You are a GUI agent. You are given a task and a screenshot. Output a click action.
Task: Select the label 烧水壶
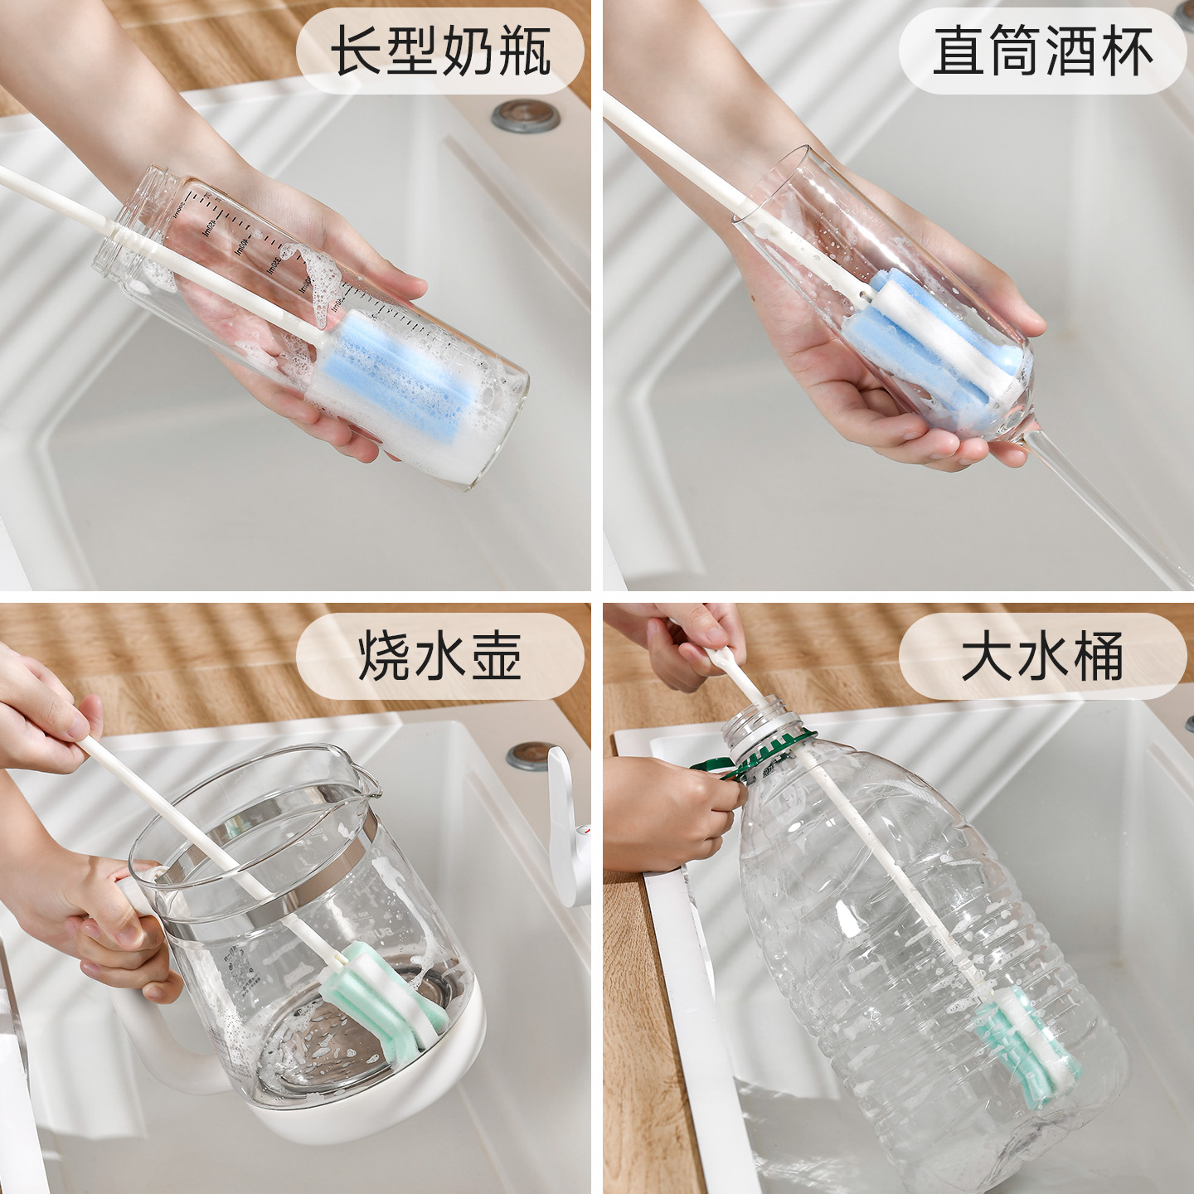pyautogui.click(x=440, y=656)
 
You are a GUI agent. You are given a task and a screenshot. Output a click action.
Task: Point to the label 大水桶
pyautogui.click(x=1043, y=656)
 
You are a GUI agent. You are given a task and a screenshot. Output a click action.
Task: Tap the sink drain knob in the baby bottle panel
pyautogui.click(x=526, y=116)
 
